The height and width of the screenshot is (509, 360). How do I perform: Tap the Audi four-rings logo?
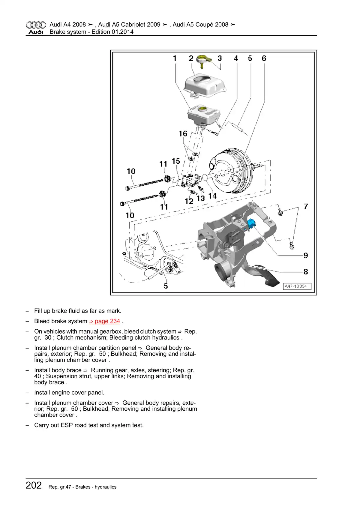coord(36,25)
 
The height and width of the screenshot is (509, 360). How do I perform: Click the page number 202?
coord(34,485)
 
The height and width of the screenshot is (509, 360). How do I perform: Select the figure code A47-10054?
coord(295,286)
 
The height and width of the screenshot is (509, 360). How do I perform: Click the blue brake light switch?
coord(251,223)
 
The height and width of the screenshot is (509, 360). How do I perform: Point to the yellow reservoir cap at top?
coord(202,59)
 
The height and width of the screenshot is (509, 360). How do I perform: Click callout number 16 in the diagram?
coord(183,133)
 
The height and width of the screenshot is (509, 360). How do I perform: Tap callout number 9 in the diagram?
coord(305,255)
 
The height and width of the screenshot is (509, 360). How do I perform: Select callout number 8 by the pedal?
coord(305,271)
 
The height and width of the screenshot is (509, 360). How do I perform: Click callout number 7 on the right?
coord(305,206)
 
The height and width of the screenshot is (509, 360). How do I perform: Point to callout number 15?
coord(176,161)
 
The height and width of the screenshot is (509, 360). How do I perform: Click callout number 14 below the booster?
coord(212,196)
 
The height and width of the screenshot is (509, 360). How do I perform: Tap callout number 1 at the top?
coord(175,58)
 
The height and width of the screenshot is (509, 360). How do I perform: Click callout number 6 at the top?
coord(264,58)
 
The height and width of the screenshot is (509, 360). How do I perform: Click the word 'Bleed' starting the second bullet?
coord(42,321)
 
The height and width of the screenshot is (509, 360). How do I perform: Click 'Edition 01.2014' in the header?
coord(112,32)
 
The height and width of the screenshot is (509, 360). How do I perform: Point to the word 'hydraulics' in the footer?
coord(105,487)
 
